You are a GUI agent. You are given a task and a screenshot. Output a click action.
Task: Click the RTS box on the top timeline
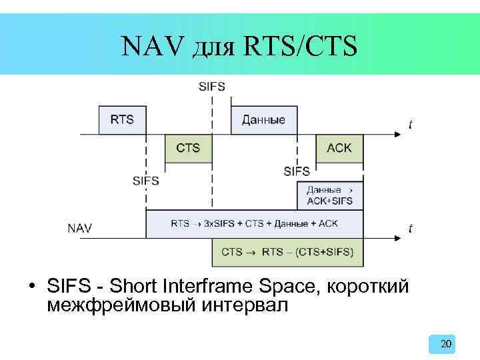click(122, 120)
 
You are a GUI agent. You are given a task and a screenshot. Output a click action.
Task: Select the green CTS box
click(188, 148)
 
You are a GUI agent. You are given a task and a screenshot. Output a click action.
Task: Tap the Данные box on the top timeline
click(263, 120)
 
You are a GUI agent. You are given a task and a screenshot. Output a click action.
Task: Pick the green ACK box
click(339, 148)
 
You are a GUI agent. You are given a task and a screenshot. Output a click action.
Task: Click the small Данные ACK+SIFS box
click(329, 195)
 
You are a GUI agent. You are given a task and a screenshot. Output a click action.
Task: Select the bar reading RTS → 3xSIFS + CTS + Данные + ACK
click(254, 224)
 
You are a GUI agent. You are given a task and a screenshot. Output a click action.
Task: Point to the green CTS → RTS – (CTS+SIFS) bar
click(287, 252)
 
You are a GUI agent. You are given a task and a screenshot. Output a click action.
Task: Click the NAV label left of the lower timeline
click(80, 228)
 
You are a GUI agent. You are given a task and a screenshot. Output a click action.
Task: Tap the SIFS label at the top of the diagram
click(212, 86)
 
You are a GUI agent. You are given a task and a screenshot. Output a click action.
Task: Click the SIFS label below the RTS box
click(146, 180)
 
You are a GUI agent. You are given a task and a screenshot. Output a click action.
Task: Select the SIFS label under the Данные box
click(297, 171)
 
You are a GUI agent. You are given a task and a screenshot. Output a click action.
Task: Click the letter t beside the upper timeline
click(410, 124)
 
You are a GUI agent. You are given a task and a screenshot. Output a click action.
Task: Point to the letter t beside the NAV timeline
click(410, 229)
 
